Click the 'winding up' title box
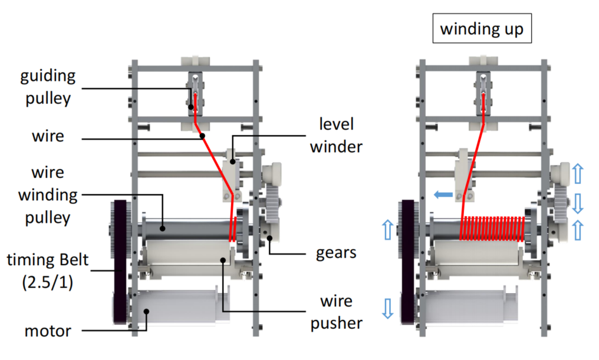coord(482,29)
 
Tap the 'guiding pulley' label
coord(48,86)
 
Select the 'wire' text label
coord(47,137)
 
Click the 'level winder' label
coord(336,135)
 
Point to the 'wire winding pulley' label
coord(48,195)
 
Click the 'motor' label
coord(48,331)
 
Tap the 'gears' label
coord(336,253)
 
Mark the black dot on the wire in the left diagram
coord(203,137)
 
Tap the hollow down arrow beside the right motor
coord(387,308)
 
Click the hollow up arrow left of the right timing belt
coord(387,229)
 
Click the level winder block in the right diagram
coord(464,174)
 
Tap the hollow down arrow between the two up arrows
coord(578,203)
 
